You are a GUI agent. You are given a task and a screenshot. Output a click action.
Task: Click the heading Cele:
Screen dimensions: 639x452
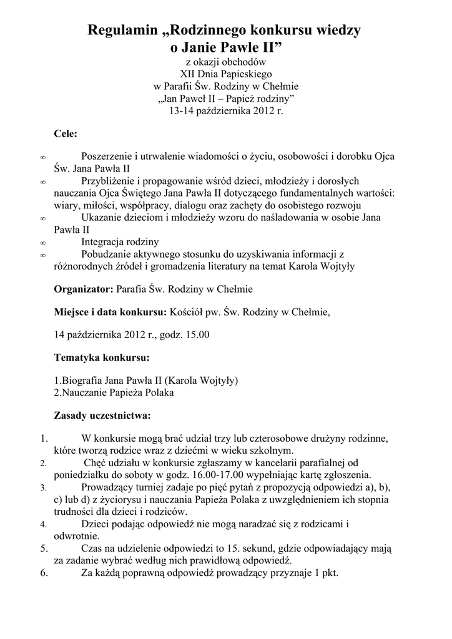[66, 134]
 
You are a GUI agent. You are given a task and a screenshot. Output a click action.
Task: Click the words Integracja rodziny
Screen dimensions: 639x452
[120, 241]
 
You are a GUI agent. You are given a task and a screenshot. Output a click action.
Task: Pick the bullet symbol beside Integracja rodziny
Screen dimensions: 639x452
[42, 243]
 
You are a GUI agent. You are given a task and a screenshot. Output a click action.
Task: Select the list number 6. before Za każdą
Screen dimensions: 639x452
[43, 575]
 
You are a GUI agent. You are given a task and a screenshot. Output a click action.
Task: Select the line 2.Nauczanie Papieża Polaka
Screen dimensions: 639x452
[114, 393]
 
